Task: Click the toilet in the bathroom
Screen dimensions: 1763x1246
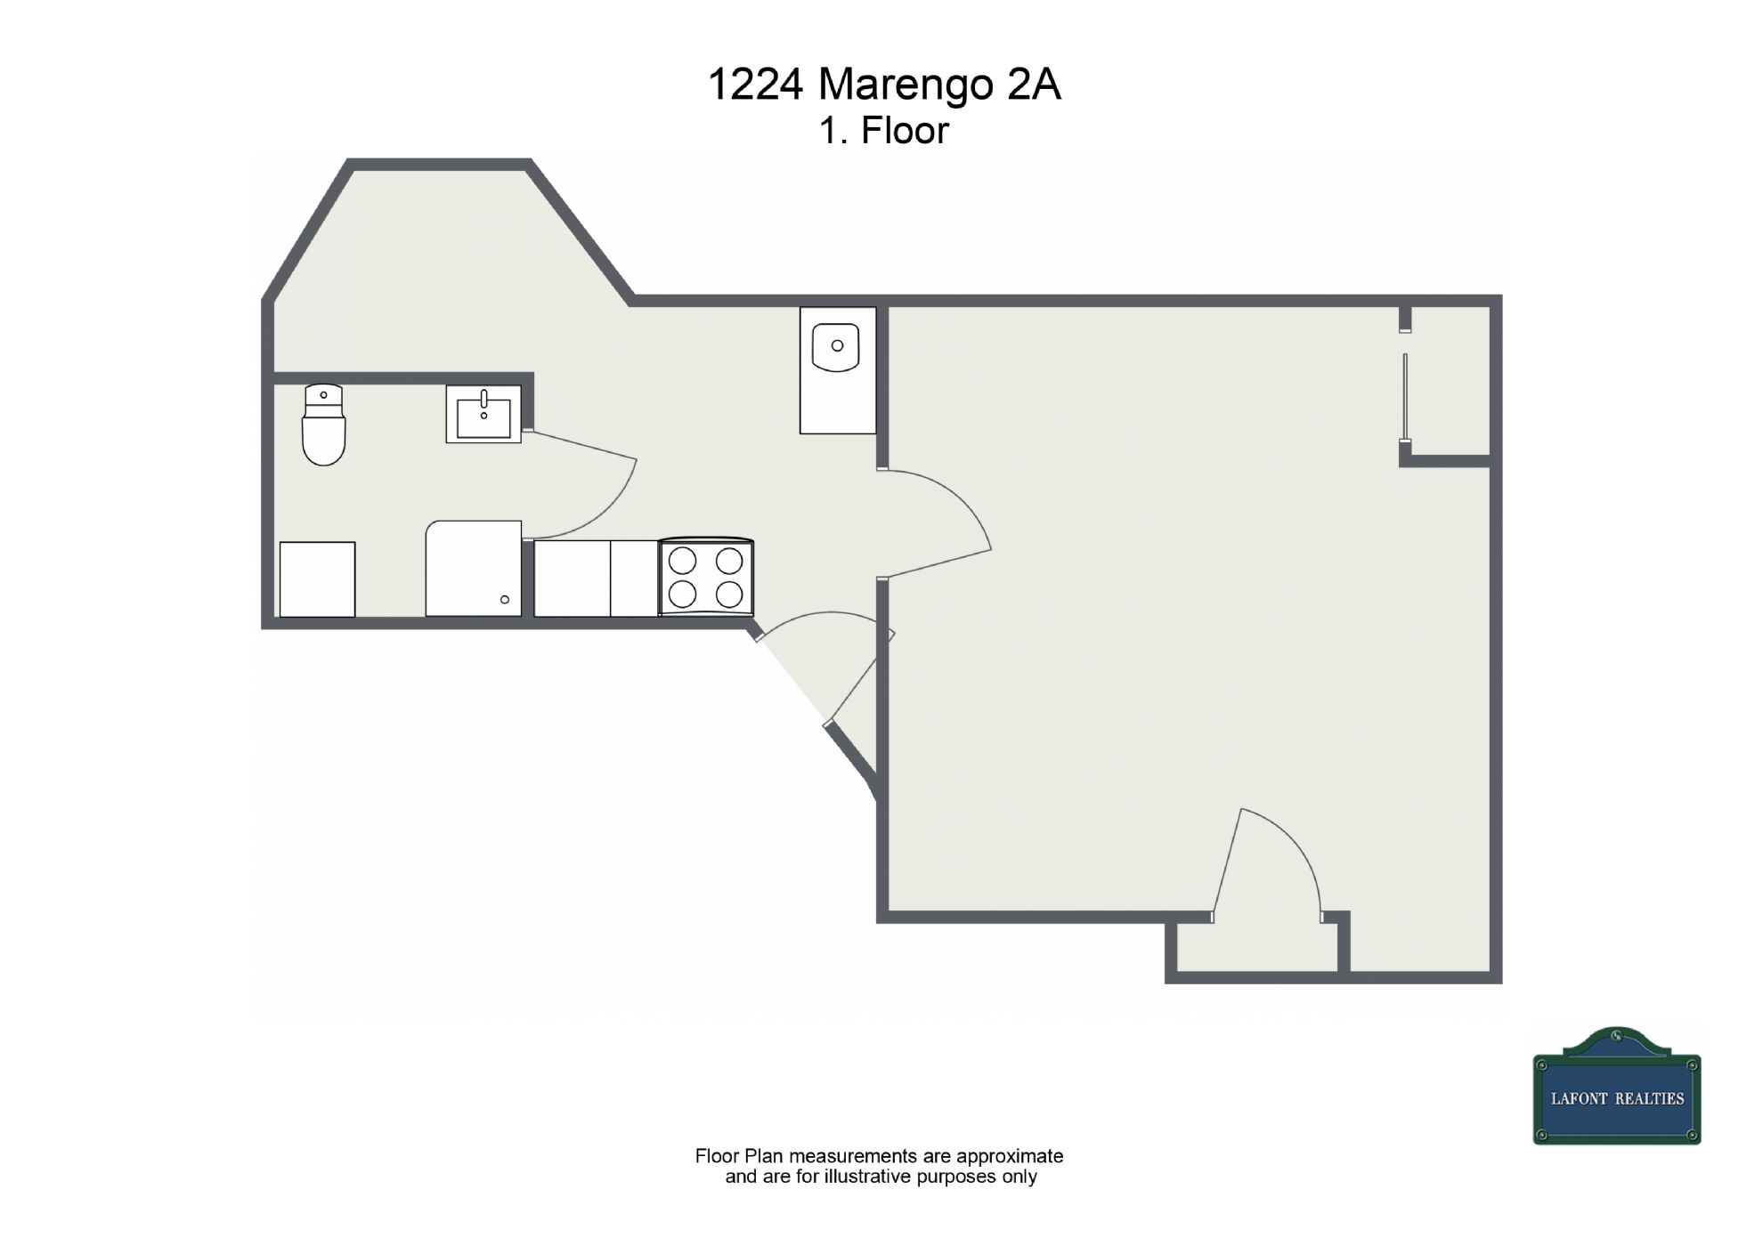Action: (x=324, y=425)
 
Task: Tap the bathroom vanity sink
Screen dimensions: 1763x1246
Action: (x=483, y=414)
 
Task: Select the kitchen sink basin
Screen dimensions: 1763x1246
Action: (x=836, y=347)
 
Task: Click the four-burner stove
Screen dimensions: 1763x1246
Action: (x=706, y=577)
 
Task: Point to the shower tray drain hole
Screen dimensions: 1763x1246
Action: (x=505, y=600)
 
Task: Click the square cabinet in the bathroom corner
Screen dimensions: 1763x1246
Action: (x=317, y=579)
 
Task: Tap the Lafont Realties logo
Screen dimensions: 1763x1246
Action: (x=1617, y=1086)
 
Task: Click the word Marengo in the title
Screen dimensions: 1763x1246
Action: (x=906, y=85)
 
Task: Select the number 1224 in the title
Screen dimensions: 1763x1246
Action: (x=756, y=85)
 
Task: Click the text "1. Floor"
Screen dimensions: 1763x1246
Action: (x=884, y=131)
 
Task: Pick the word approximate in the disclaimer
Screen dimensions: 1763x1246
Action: (x=1010, y=1156)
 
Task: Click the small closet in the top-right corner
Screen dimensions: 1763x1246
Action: (x=1450, y=381)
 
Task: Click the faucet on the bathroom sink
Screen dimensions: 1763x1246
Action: (x=483, y=399)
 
